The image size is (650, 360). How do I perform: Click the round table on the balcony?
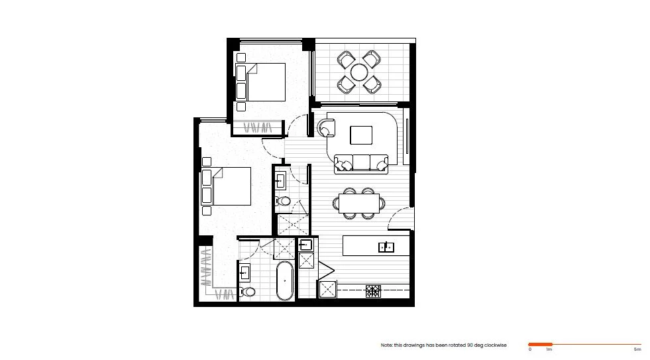click(x=359, y=72)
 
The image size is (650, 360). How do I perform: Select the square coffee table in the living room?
click(x=361, y=135)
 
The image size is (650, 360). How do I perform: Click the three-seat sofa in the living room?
click(x=361, y=163)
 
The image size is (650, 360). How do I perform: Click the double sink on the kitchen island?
click(x=386, y=247)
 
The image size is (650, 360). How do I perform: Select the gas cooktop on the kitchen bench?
click(x=373, y=290)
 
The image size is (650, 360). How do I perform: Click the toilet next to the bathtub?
click(x=249, y=291)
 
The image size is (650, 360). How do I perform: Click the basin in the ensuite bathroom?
click(x=280, y=178)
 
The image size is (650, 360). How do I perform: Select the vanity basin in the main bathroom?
click(x=244, y=272)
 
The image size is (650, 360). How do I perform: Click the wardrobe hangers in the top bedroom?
click(x=258, y=127)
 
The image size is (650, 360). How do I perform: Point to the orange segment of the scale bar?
click(x=540, y=344)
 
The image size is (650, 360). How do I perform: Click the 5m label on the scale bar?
click(x=637, y=349)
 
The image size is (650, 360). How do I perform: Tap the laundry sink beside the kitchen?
click(x=305, y=245)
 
